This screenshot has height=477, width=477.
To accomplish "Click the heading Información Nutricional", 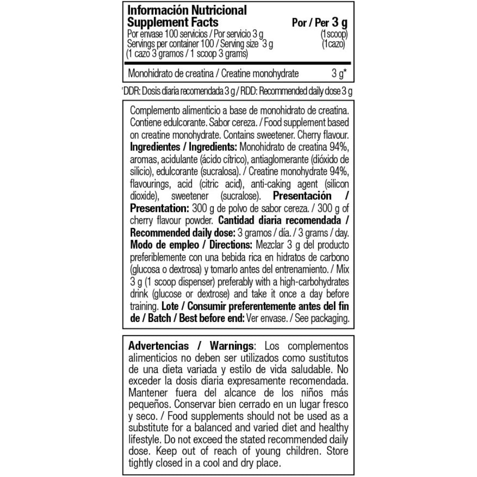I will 187,10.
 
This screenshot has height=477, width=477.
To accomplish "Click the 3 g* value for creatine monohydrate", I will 338,74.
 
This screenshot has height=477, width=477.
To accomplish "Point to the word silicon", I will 337,184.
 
